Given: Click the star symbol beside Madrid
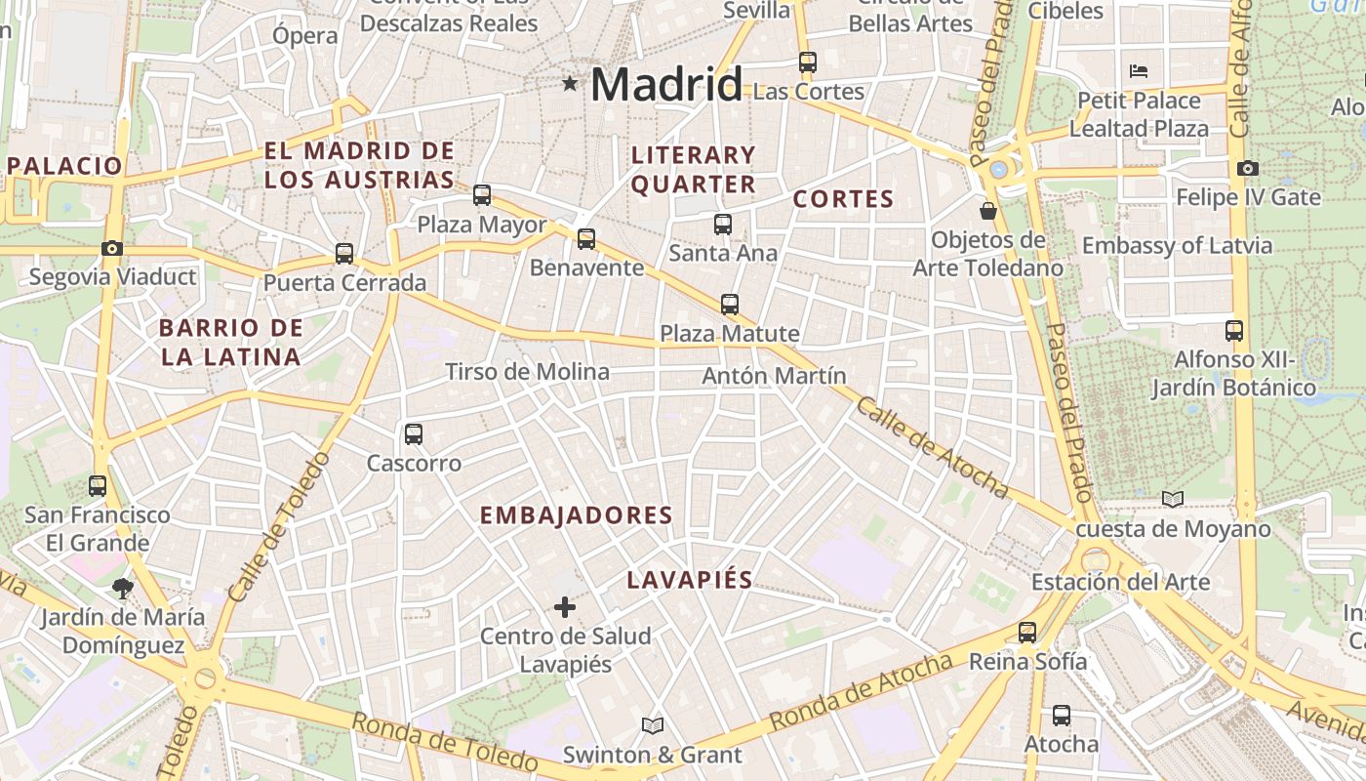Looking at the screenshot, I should (x=570, y=84).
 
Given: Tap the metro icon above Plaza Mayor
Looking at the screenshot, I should (x=482, y=195).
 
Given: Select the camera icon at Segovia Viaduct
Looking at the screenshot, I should (x=112, y=248).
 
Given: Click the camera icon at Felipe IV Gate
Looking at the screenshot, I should (x=1247, y=168).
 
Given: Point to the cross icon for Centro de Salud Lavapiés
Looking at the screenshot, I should (x=564, y=607).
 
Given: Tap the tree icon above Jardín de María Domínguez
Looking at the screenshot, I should (x=122, y=588).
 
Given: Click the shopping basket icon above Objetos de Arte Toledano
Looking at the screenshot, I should (x=988, y=210).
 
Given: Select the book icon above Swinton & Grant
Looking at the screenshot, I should (x=652, y=725).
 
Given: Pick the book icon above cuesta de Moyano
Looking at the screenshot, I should (x=1173, y=500).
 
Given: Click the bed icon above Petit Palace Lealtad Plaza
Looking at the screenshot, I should (x=1139, y=70).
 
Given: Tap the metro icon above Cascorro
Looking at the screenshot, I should (x=414, y=433).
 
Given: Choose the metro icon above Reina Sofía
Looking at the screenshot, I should (x=1027, y=632).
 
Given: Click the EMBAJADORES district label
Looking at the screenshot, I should (x=577, y=515).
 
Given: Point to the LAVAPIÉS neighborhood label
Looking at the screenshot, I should (x=690, y=580).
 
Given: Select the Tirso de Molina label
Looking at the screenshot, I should (x=527, y=372).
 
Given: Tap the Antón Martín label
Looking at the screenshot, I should (x=774, y=376).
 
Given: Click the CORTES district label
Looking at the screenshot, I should (x=843, y=199).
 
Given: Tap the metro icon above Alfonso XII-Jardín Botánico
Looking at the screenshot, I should (x=1234, y=331).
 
